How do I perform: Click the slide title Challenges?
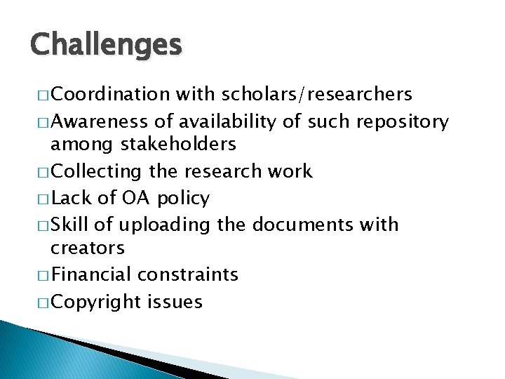106,45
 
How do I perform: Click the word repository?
402,122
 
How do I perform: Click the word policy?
183,199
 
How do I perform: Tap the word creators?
88,248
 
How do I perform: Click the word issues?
175,302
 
